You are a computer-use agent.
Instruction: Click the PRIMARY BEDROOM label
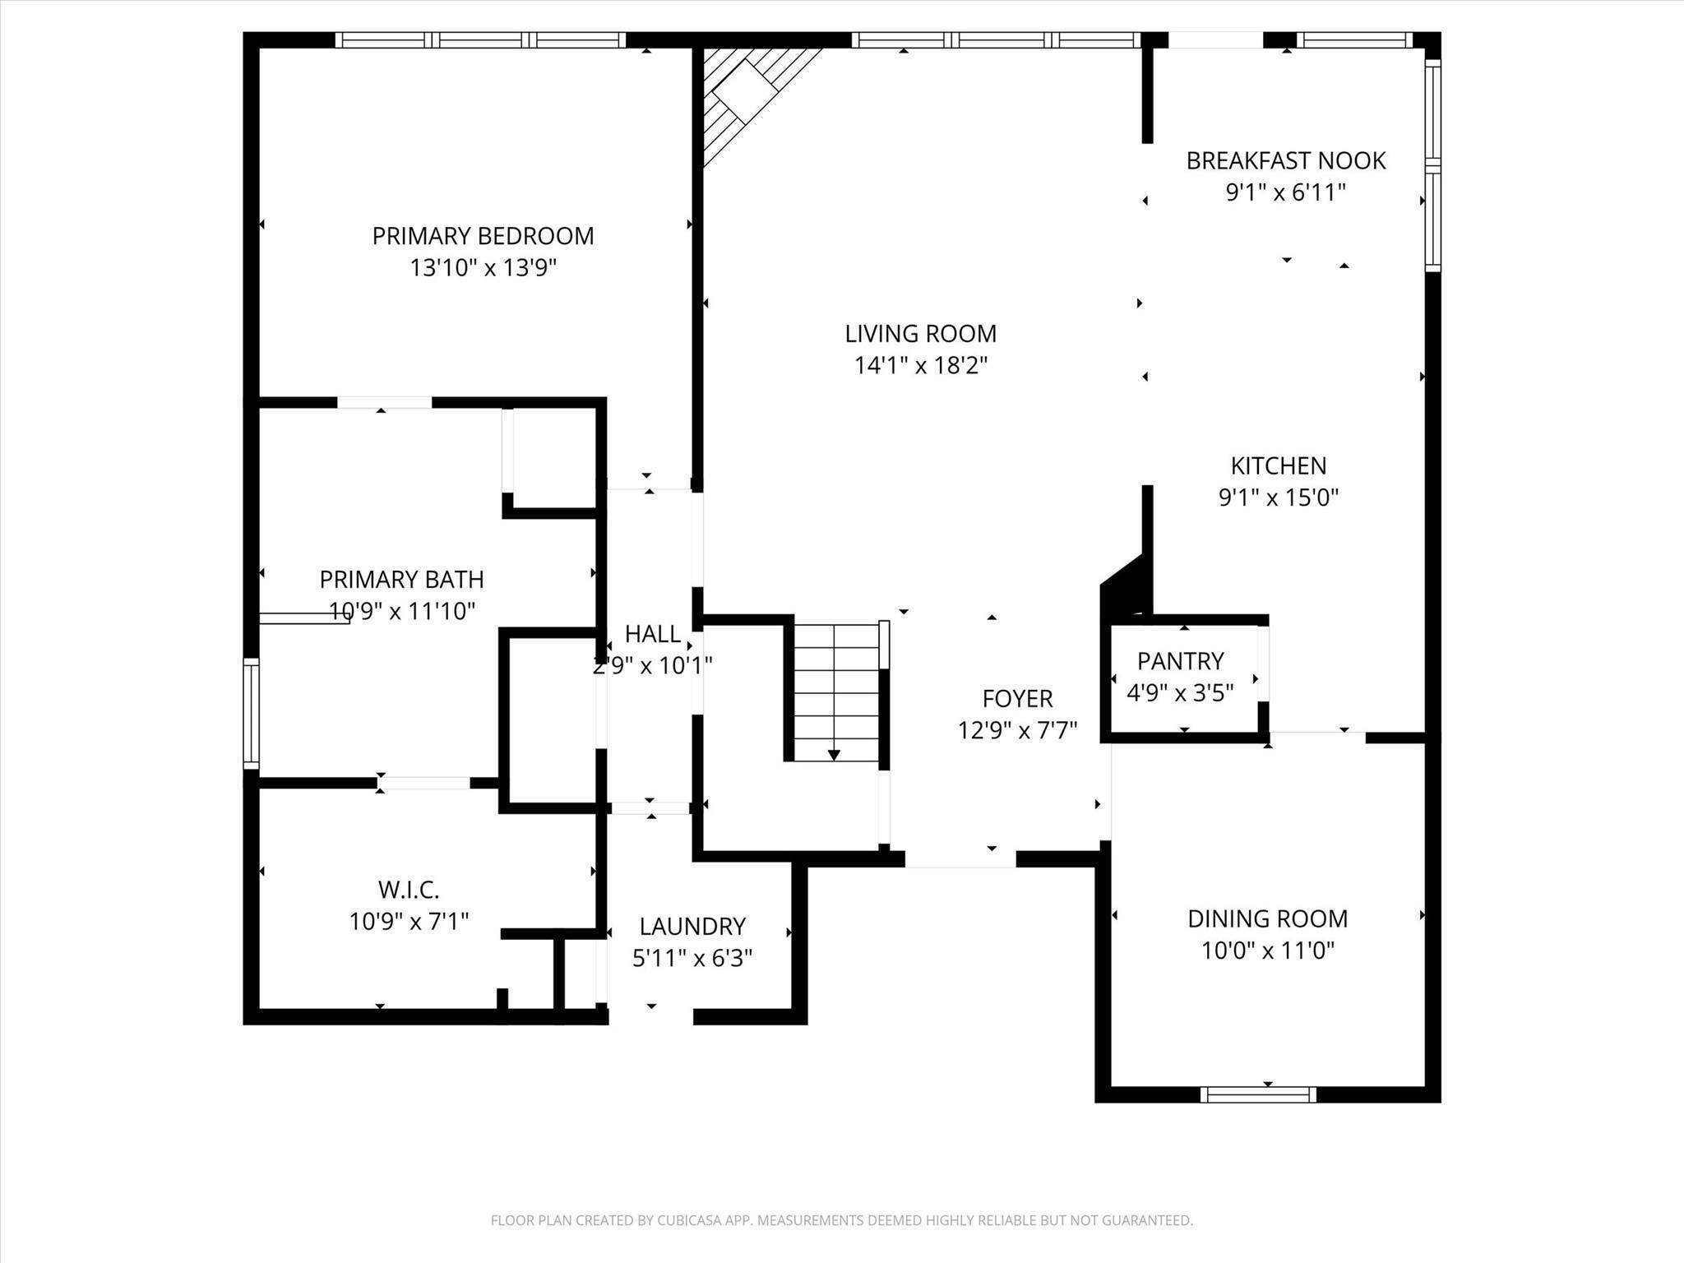click(483, 236)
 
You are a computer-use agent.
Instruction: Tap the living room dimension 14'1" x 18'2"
click(920, 365)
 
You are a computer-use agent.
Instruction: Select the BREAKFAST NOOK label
click(1285, 160)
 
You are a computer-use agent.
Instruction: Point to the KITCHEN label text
click(1278, 466)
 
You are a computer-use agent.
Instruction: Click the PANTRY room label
click(1180, 661)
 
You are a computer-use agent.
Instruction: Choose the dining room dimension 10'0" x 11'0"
click(1267, 951)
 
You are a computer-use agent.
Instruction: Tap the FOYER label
click(1017, 699)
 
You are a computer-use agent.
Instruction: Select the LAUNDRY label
click(692, 927)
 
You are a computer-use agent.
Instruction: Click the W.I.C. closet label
click(409, 890)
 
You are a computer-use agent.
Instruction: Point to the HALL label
click(653, 634)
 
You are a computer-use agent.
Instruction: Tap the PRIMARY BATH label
click(401, 580)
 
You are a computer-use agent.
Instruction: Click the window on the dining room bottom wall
click(1257, 1094)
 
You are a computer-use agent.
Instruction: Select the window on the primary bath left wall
click(251, 714)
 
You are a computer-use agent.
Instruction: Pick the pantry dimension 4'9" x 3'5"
click(1180, 693)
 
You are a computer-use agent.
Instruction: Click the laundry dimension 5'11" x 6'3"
click(692, 958)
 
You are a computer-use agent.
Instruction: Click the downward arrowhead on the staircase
click(834, 755)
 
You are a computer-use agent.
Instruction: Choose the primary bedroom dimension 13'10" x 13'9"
click(483, 268)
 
